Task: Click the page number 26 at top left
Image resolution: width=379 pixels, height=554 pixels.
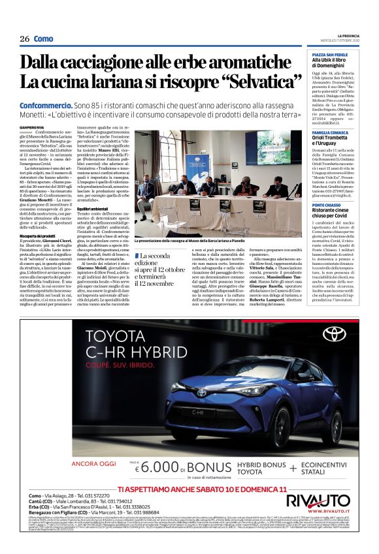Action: [24, 39]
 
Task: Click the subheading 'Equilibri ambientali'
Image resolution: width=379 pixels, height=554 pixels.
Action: [93, 208]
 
